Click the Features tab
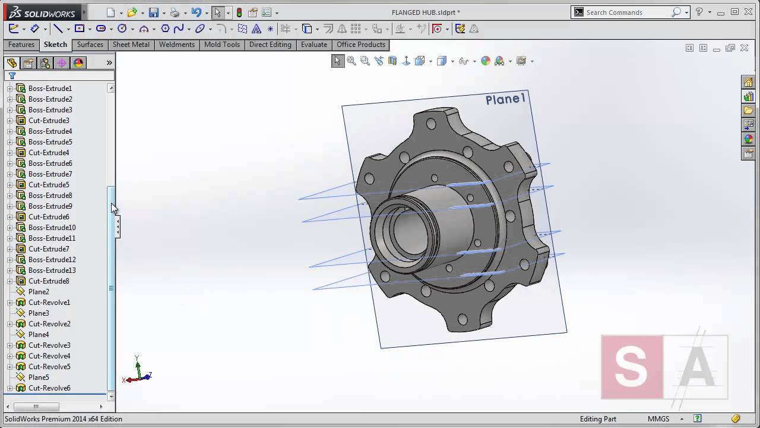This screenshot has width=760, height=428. [x=21, y=45]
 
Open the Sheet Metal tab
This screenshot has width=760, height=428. [x=131, y=45]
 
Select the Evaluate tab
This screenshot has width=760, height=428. [x=313, y=45]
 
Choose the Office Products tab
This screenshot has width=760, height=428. [x=361, y=45]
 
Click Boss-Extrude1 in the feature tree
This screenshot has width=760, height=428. [x=50, y=89]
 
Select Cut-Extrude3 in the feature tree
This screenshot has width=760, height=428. [x=49, y=121]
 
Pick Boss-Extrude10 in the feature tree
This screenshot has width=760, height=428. [x=52, y=228]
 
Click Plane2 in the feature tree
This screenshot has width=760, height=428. [x=39, y=292]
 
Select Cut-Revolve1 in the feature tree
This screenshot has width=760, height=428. [x=49, y=303]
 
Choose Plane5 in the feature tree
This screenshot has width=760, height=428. [x=39, y=377]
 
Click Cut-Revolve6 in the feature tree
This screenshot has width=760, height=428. [x=49, y=388]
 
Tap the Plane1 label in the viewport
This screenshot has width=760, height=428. [x=505, y=99]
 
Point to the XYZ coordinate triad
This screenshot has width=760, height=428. [x=138, y=372]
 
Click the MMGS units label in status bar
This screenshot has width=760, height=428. [x=658, y=419]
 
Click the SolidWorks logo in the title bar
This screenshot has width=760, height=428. [x=42, y=12]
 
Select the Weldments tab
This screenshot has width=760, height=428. [x=176, y=45]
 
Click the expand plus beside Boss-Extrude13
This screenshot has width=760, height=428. [x=9, y=270]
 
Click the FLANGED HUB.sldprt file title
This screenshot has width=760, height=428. [x=426, y=12]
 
